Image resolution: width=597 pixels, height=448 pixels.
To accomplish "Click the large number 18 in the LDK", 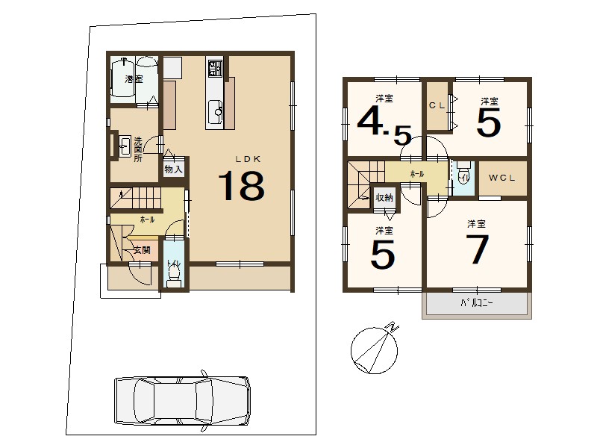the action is click(241, 186).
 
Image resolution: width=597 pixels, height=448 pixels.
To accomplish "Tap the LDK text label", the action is click(248, 159).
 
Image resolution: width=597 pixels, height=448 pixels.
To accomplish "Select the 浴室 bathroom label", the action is click(134, 79).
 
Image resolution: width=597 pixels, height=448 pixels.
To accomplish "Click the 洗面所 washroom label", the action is click(138, 149).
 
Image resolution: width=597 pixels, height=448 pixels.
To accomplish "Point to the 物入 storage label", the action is click(174, 169).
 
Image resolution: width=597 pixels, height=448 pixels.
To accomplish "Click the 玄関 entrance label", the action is click(142, 250).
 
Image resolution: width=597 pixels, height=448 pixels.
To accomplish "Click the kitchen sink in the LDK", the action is click(216, 111).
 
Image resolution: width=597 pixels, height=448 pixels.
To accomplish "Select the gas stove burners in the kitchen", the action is click(214, 68).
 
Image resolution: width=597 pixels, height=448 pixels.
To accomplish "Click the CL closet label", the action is click(437, 105).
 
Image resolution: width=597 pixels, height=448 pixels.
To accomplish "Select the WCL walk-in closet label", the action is click(501, 178).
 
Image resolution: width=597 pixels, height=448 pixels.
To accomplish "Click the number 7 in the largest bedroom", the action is click(478, 249).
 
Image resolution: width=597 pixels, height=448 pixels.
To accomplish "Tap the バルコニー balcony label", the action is click(477, 303).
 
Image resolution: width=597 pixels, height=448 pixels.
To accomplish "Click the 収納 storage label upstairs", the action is click(384, 198).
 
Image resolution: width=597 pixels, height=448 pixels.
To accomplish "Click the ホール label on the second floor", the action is click(417, 174).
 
